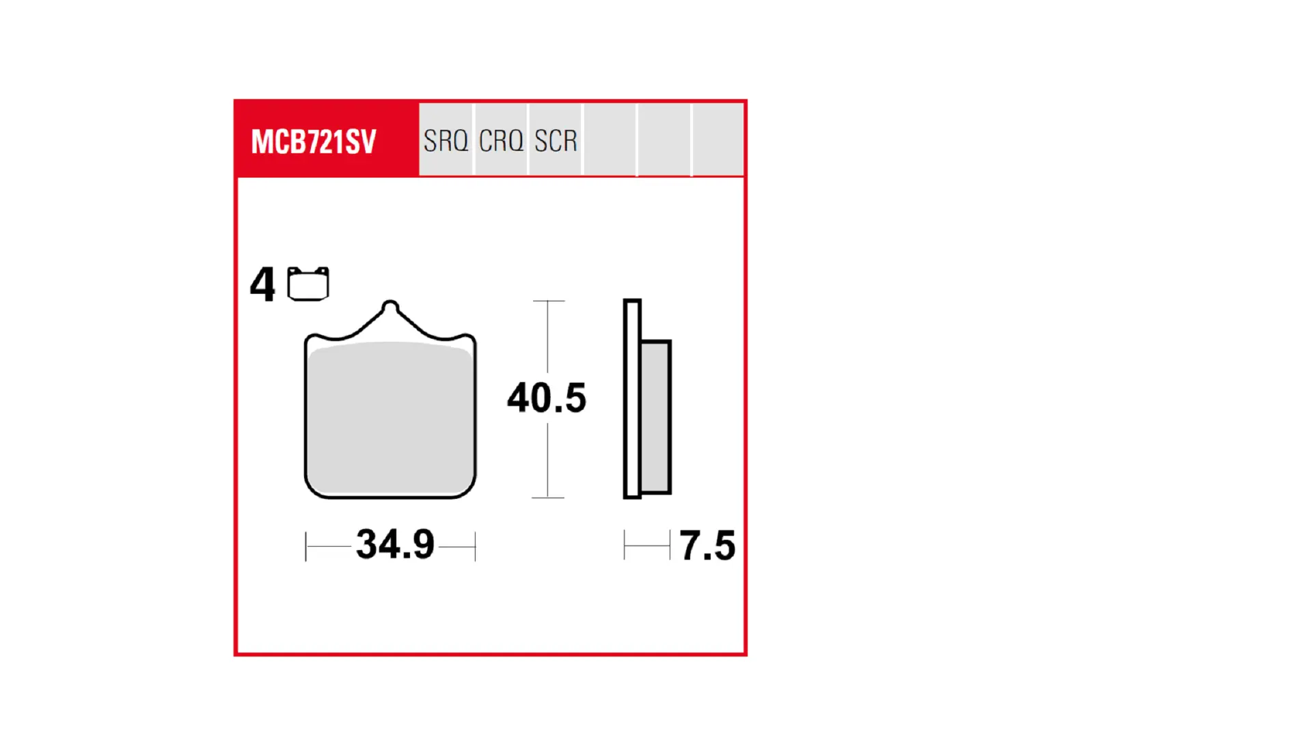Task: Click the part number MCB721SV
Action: (x=314, y=141)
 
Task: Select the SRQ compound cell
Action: (x=446, y=140)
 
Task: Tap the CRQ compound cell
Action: (x=501, y=140)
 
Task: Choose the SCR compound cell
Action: (x=556, y=140)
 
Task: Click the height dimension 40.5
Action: (x=547, y=398)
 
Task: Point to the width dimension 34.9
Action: (x=395, y=544)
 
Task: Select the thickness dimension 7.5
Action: (x=707, y=545)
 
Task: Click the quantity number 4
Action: (x=262, y=284)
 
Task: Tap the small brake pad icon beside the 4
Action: (x=308, y=284)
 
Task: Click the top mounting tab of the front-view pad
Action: (x=390, y=309)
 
